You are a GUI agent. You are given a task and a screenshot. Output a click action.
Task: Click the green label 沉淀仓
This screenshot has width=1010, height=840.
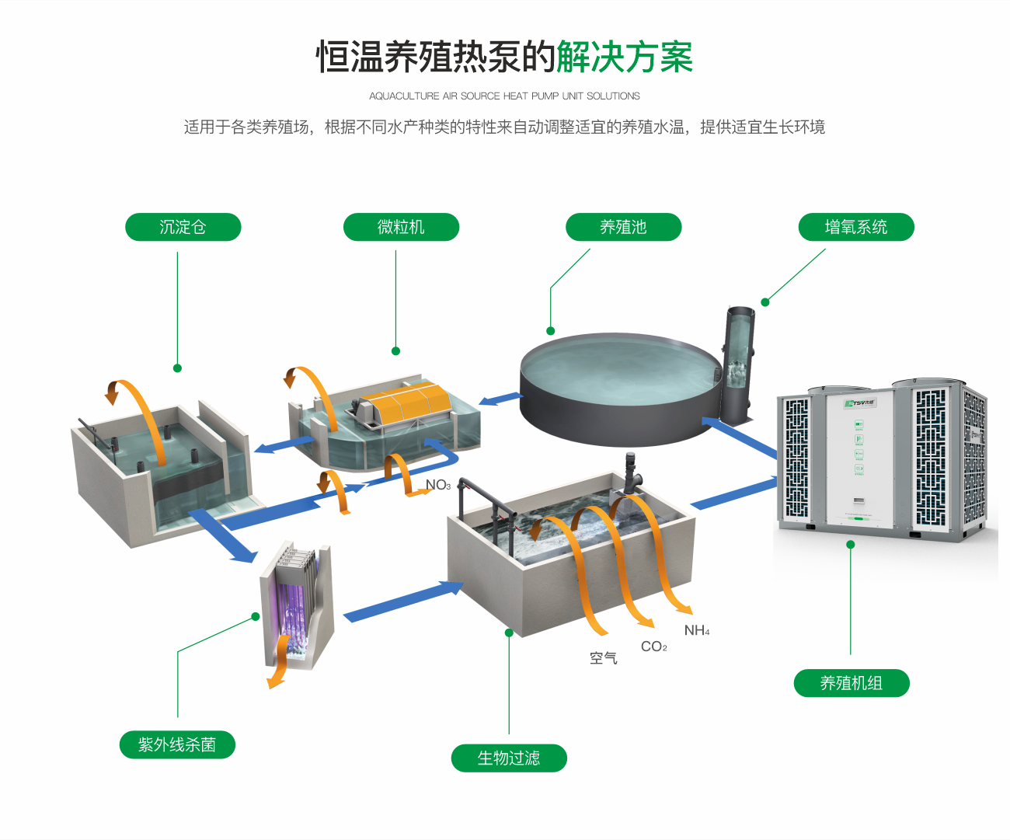tap(183, 227)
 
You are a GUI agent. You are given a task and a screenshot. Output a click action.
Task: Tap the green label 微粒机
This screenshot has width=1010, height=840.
tap(401, 227)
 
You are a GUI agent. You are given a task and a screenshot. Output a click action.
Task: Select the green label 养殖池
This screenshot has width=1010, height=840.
tap(623, 227)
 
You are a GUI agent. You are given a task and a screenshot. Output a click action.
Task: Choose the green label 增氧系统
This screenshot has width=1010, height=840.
tap(856, 227)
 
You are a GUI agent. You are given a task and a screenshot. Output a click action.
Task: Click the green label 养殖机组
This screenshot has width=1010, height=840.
tap(852, 683)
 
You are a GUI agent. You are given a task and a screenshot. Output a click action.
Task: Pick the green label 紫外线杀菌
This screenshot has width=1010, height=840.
tap(177, 744)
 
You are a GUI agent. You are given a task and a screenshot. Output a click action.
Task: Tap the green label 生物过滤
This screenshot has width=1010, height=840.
tap(509, 758)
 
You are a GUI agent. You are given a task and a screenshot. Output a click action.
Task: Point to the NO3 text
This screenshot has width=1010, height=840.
tap(438, 485)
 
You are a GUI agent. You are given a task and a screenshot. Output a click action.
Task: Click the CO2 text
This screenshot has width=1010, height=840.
tap(653, 647)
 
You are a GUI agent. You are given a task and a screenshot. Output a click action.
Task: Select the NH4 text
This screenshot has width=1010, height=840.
tap(697, 630)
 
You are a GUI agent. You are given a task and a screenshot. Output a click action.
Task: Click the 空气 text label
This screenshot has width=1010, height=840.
tap(604, 658)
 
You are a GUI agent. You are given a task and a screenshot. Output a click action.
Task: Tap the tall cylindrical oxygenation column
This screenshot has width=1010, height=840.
tap(738, 361)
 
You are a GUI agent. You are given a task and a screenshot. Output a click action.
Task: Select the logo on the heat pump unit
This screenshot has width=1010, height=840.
tap(860, 403)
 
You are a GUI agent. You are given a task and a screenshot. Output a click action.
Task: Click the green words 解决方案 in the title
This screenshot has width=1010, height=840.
tap(624, 57)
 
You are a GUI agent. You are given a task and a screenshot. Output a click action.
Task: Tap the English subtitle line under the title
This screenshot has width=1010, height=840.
tap(504, 96)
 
